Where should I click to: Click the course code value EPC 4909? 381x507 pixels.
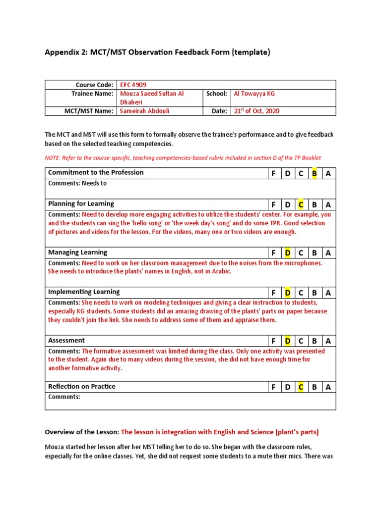click(x=133, y=85)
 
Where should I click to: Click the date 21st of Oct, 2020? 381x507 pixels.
click(x=256, y=111)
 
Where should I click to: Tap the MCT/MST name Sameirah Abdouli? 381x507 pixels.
click(x=144, y=111)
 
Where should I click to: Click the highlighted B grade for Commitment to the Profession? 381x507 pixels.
click(x=314, y=173)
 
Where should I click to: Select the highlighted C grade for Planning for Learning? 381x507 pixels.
click(x=301, y=204)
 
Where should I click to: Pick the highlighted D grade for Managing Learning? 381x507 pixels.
click(x=287, y=253)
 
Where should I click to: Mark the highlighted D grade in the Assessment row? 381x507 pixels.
click(x=287, y=341)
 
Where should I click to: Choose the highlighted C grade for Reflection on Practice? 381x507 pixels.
click(x=301, y=387)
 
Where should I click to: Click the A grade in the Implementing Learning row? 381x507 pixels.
click(x=328, y=293)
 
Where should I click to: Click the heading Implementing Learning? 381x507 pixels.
click(x=84, y=292)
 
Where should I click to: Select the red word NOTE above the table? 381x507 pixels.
click(x=53, y=158)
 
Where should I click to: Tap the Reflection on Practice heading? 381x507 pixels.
click(x=81, y=387)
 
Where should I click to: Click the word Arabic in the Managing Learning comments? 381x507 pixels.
click(x=221, y=271)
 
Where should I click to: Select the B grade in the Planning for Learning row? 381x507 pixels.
click(x=314, y=204)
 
